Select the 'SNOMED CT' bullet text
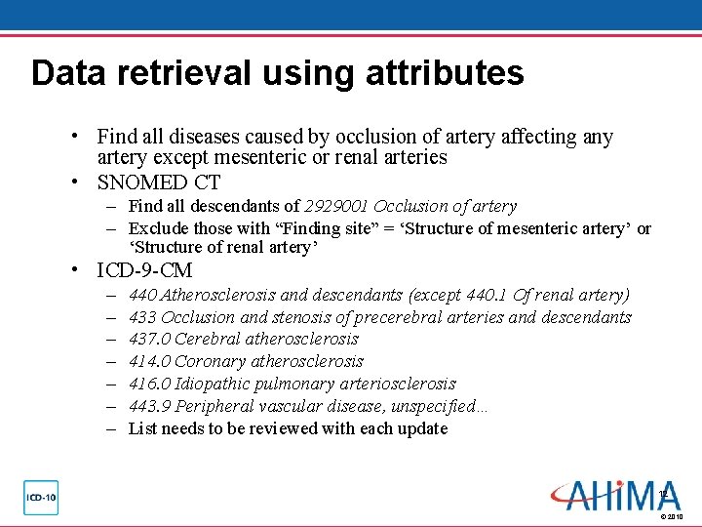pos(159,182)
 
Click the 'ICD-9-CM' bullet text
pos(145,270)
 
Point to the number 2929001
pos(336,206)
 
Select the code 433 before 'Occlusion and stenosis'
pos(142,317)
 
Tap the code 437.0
pos(148,340)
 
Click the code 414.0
pos(148,362)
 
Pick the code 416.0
pos(148,385)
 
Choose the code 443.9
pos(148,407)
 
